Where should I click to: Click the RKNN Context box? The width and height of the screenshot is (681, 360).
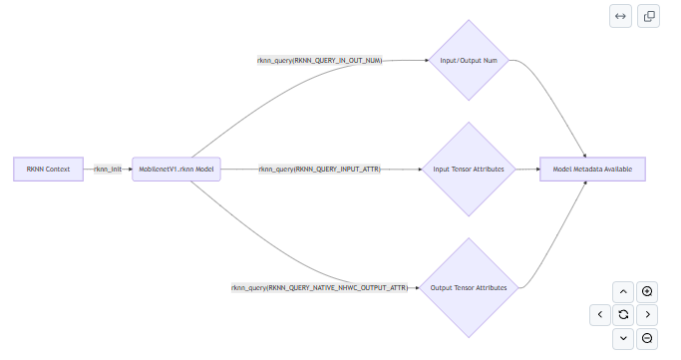[48, 169]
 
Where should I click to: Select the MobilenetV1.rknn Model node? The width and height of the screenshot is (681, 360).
[176, 169]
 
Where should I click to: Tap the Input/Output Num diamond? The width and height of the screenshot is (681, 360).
[469, 61]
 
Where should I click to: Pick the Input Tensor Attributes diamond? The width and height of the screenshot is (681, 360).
[469, 169]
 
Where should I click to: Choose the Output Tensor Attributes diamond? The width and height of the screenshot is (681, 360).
[469, 287]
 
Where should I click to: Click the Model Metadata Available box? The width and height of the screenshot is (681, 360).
[592, 169]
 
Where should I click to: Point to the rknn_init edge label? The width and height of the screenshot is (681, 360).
[108, 169]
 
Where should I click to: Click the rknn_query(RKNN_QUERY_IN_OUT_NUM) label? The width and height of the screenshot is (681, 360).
[320, 61]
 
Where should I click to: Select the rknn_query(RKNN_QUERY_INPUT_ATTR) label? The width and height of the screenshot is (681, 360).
[320, 169]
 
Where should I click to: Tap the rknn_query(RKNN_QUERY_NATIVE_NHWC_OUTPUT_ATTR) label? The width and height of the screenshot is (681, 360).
[320, 287]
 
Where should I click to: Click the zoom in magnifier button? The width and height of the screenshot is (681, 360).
[647, 291]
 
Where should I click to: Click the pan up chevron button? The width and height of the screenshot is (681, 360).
[623, 291]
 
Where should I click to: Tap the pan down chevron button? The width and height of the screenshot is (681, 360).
[623, 338]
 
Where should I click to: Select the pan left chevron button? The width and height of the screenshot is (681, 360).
[600, 315]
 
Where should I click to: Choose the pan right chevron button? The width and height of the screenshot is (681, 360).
[647, 315]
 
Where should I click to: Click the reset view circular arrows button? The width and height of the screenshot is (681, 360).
[623, 315]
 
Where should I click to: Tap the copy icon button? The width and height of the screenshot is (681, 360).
[648, 16]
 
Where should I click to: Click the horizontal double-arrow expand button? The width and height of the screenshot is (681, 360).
[620, 16]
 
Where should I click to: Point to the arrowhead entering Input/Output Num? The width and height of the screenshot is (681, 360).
[427, 61]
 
